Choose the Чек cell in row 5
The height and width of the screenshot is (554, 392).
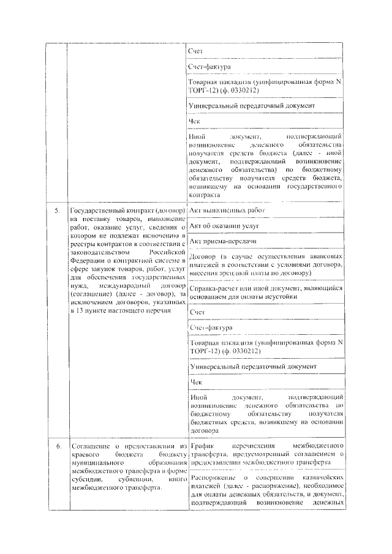(x=196, y=382)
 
